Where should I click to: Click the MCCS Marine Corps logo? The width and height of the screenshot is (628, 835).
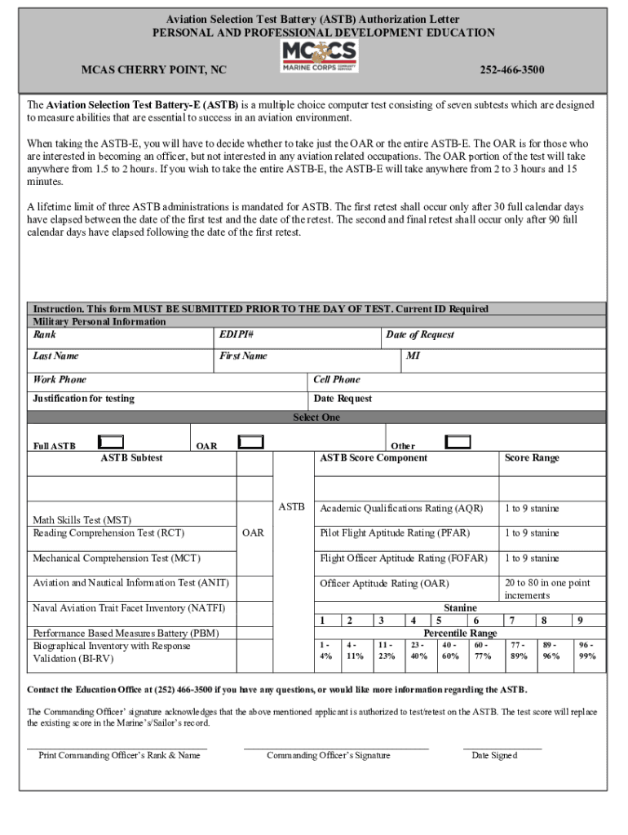(319, 57)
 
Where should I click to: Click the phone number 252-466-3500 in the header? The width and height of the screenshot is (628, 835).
(511, 70)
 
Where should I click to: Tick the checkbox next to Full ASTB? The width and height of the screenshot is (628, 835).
(110, 442)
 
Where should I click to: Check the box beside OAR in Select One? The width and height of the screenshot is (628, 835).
(250, 442)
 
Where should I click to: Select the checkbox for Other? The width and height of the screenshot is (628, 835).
(458, 442)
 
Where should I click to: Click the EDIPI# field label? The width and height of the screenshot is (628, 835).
(237, 335)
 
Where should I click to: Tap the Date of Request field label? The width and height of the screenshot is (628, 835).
(420, 335)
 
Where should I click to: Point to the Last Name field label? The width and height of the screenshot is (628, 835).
(55, 356)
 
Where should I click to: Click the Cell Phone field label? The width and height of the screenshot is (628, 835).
(337, 380)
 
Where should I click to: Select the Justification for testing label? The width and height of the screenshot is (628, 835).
(83, 399)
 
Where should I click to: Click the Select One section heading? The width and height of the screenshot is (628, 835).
(316, 417)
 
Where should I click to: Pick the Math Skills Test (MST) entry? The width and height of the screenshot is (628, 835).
(82, 520)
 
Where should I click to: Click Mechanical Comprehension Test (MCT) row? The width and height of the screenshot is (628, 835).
(117, 559)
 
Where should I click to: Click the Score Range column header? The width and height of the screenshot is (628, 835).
(532, 458)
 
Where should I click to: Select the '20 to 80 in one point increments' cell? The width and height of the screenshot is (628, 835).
(547, 589)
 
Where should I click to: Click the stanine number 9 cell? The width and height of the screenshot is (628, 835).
(580, 621)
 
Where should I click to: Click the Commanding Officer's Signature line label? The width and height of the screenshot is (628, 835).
(328, 755)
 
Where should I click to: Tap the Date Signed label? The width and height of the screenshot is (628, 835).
(494, 755)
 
